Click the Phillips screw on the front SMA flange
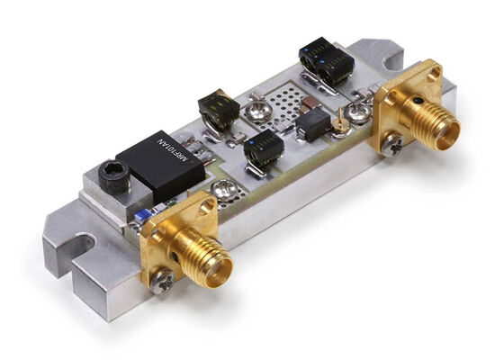(163, 282)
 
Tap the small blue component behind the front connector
(141, 216)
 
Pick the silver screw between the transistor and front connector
(221, 190)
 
